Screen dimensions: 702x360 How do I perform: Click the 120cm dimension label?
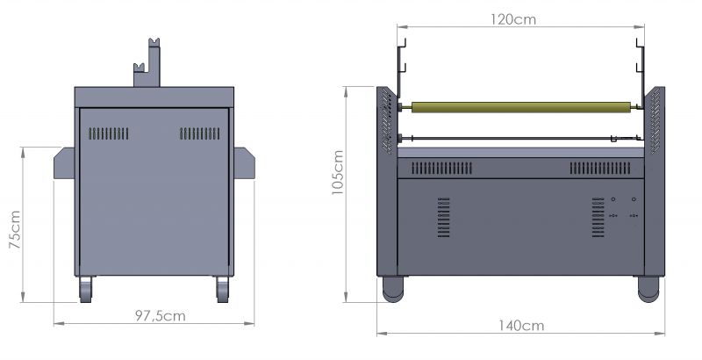click(x=513, y=19)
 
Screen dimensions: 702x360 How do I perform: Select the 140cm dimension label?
click(x=521, y=326)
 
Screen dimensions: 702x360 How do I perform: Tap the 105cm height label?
click(x=338, y=172)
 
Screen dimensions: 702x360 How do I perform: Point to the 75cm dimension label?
click(x=15, y=230)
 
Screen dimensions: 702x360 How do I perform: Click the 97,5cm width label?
click(x=161, y=316)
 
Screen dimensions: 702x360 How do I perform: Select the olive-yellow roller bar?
click(x=521, y=107)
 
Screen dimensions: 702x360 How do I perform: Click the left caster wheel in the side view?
click(x=85, y=289)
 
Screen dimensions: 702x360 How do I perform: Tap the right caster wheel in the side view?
click(x=223, y=289)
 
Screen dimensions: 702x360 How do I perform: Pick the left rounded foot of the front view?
click(x=393, y=289)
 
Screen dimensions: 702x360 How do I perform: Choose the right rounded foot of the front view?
click(x=648, y=289)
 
